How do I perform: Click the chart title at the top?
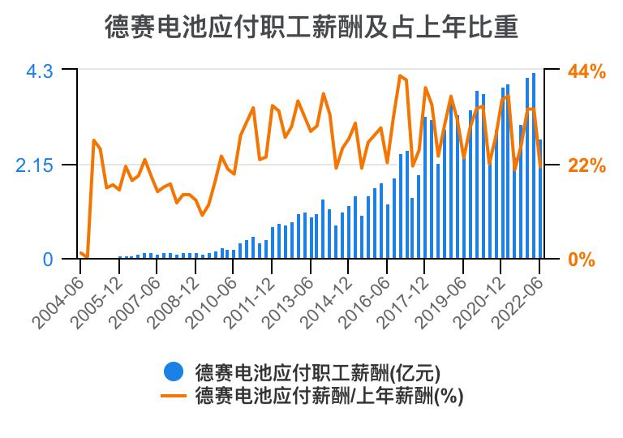[x=311, y=28]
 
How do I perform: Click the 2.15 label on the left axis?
[x=33, y=165]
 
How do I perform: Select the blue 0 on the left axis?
[x=48, y=260]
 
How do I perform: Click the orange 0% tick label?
[x=582, y=260]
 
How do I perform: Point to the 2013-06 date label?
[x=290, y=301]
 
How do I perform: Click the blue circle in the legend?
[x=173, y=372]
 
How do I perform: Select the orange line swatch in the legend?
[x=173, y=396]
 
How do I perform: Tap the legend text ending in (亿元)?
[x=317, y=372]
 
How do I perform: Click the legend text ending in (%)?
[x=329, y=396]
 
